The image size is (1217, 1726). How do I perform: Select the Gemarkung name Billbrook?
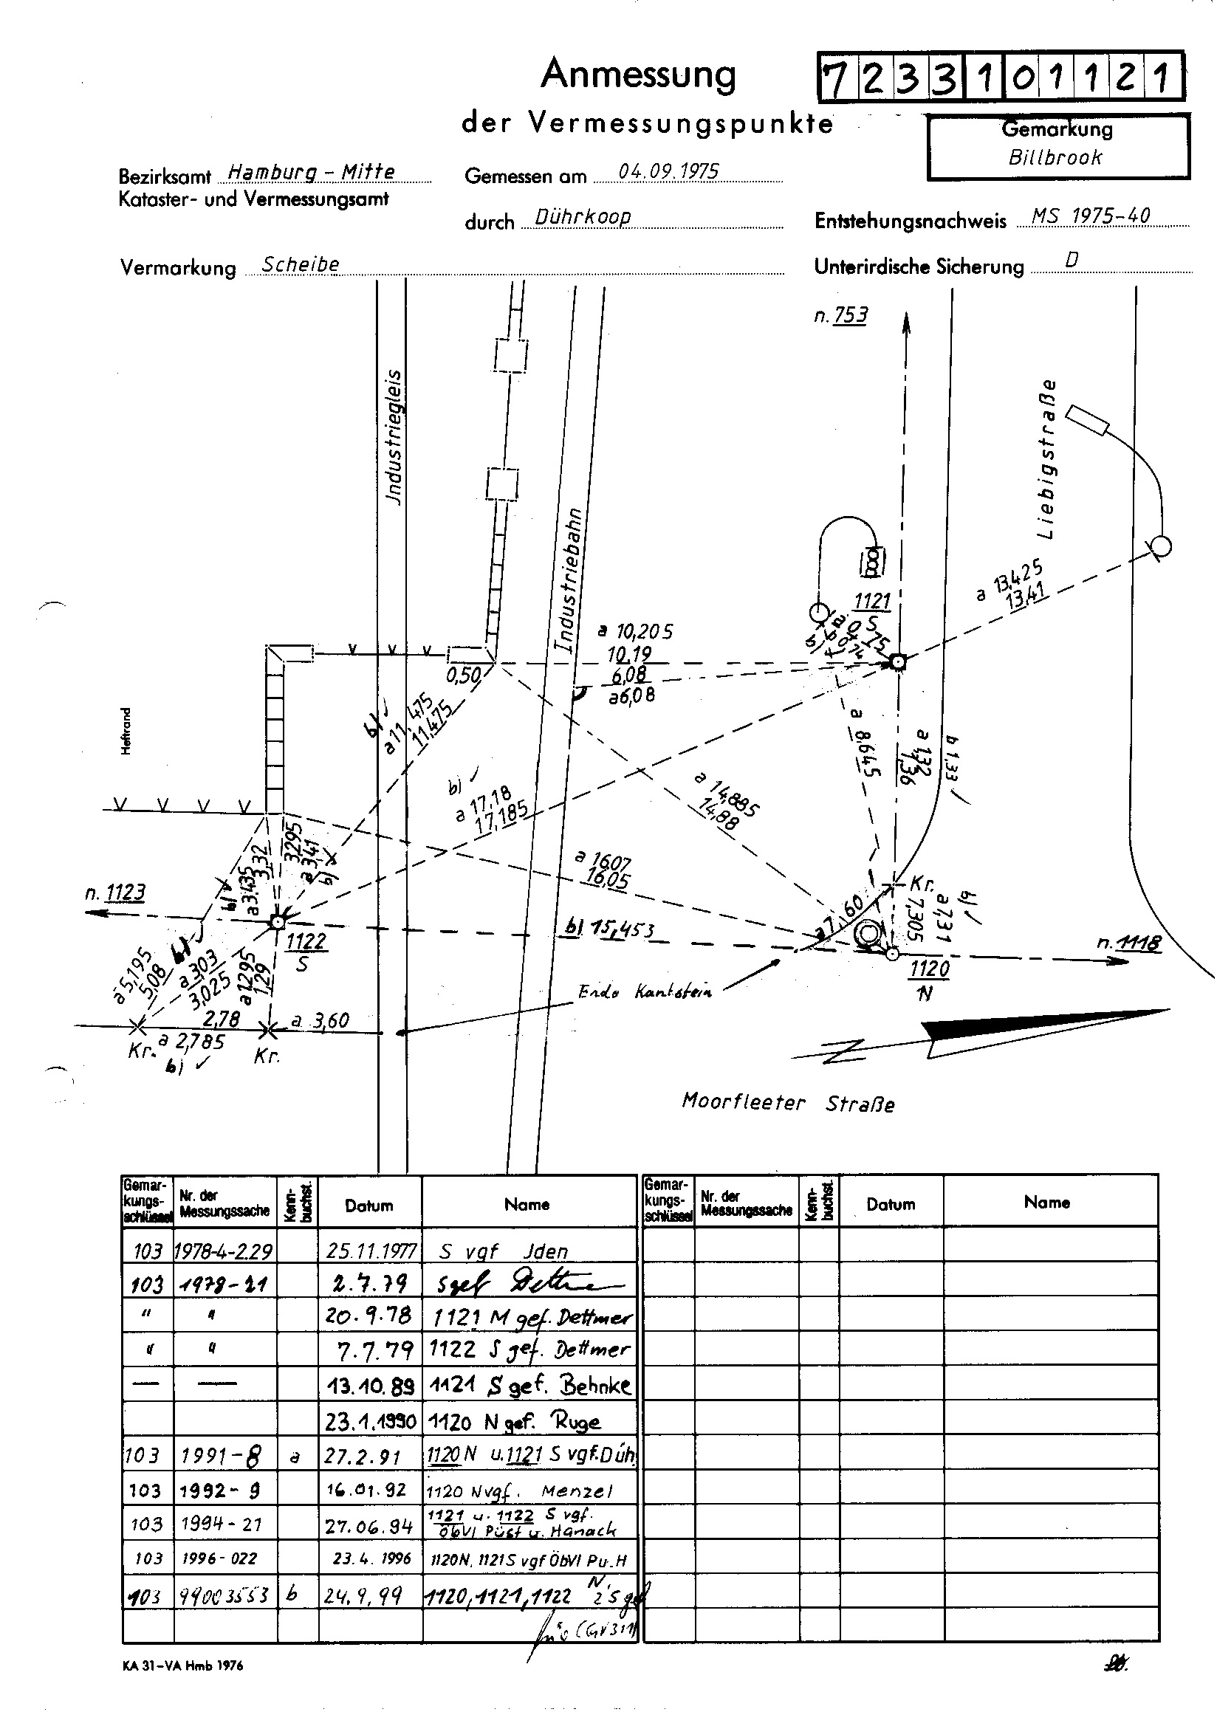[1055, 158]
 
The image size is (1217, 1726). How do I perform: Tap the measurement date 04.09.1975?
[668, 171]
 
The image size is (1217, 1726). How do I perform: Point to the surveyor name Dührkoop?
[582, 217]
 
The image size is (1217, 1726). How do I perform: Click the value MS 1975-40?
[1090, 216]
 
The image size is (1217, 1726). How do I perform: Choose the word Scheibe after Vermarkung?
[300, 264]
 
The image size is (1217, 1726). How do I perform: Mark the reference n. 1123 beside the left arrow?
[115, 893]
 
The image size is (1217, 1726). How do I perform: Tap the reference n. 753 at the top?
[840, 315]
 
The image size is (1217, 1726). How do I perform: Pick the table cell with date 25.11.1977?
[371, 1251]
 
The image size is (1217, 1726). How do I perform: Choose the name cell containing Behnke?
[529, 1386]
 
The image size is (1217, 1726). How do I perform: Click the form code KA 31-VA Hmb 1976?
[183, 1665]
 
